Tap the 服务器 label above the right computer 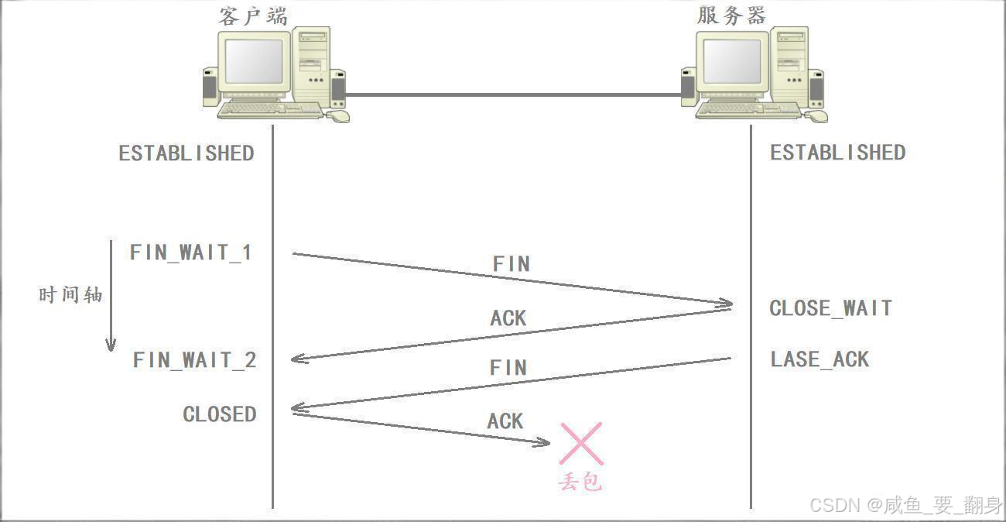pyautogui.click(x=731, y=15)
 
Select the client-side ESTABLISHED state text pyautogui.click(x=186, y=153)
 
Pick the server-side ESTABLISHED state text pyautogui.click(x=837, y=153)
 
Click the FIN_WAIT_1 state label pyautogui.click(x=190, y=252)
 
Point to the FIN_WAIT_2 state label pyautogui.click(x=194, y=360)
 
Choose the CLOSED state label pyautogui.click(x=219, y=414)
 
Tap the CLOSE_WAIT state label pyautogui.click(x=830, y=308)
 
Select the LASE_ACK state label pyautogui.click(x=820, y=359)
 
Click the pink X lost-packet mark pyautogui.click(x=581, y=444)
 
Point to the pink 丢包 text pyautogui.click(x=580, y=482)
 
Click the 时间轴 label pyautogui.click(x=70, y=295)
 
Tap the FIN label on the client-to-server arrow pyautogui.click(x=511, y=264)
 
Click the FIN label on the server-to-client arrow pyautogui.click(x=508, y=368)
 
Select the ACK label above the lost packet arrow pyautogui.click(x=505, y=421)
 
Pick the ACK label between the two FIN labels pyautogui.click(x=508, y=318)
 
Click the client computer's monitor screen pyautogui.click(x=254, y=62)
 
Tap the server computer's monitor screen pyautogui.click(x=731, y=62)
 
